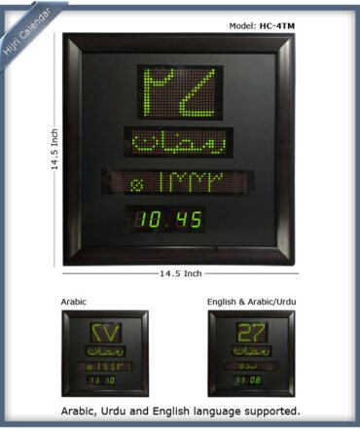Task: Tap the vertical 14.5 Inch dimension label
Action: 55,150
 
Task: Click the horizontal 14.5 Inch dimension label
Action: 179,273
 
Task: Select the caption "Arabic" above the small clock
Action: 75,302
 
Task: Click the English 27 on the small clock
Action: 250,333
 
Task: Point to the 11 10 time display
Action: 100,380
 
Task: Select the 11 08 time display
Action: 250,380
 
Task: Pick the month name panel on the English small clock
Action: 250,350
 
